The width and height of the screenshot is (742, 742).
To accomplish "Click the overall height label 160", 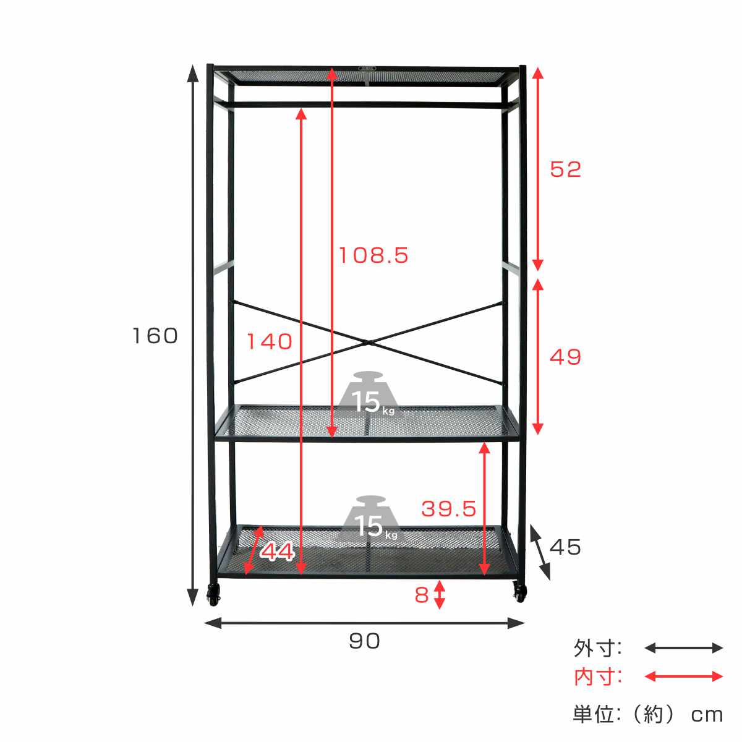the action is (x=155, y=335).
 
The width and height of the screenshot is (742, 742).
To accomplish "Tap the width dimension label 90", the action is (x=364, y=641).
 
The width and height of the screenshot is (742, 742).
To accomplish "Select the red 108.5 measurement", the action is (x=373, y=255).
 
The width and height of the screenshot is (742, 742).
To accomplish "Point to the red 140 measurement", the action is (x=269, y=341).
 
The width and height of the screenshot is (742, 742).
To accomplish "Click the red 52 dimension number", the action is (x=565, y=169).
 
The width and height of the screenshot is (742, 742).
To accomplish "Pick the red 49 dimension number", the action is (x=565, y=357).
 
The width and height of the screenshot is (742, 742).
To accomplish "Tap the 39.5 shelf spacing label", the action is (x=448, y=509).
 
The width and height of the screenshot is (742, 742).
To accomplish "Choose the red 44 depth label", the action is (x=277, y=552).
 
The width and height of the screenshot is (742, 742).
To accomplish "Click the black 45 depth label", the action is (x=565, y=547).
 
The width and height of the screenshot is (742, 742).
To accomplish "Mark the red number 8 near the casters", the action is (x=422, y=595).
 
